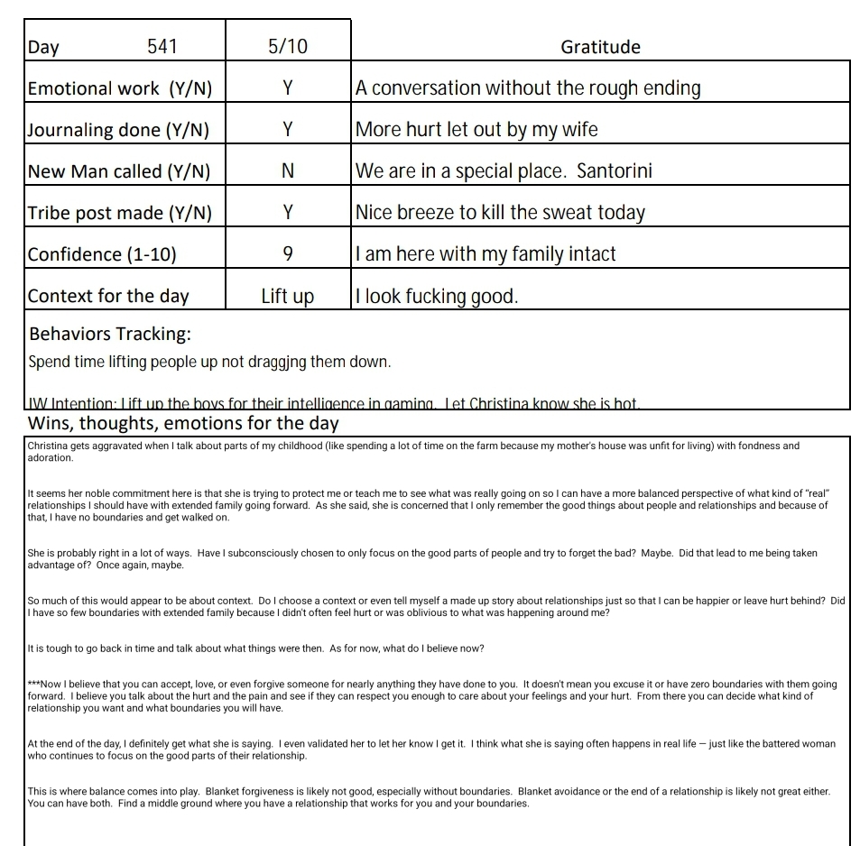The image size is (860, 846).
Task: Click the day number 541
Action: pyautogui.click(x=162, y=47)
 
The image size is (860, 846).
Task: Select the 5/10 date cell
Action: pyautogui.click(x=287, y=47)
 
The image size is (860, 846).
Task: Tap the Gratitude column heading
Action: pyautogui.click(x=600, y=47)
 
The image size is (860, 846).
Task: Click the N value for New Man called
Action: pyautogui.click(x=287, y=171)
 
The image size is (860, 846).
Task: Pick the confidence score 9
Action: pyautogui.click(x=287, y=254)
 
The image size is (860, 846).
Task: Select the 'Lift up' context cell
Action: pyautogui.click(x=287, y=296)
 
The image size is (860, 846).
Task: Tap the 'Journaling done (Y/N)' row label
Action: pyautogui.click(x=118, y=130)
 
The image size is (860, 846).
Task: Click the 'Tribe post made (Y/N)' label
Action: pyautogui.click(x=120, y=213)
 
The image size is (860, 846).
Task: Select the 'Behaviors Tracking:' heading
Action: pyautogui.click(x=110, y=334)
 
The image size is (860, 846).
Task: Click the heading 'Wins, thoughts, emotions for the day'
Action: pyautogui.click(x=183, y=423)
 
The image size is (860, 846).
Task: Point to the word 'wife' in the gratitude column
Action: pyautogui.click(x=577, y=130)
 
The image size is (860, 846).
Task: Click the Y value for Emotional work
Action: pyautogui.click(x=287, y=88)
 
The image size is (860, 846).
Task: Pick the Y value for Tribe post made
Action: pyautogui.click(x=287, y=213)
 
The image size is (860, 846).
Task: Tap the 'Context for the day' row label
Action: pyautogui.click(x=108, y=296)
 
